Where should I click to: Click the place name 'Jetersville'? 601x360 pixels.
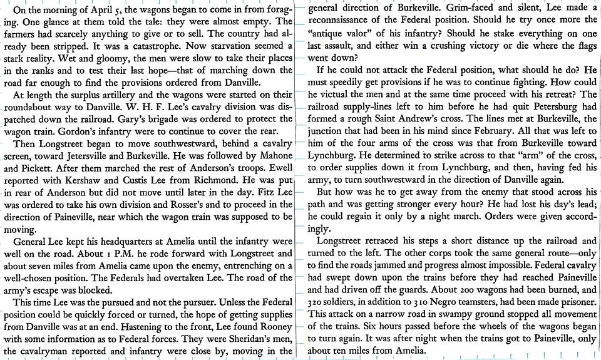[x=123, y=155]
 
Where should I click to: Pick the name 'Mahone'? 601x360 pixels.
[x=272, y=155]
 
